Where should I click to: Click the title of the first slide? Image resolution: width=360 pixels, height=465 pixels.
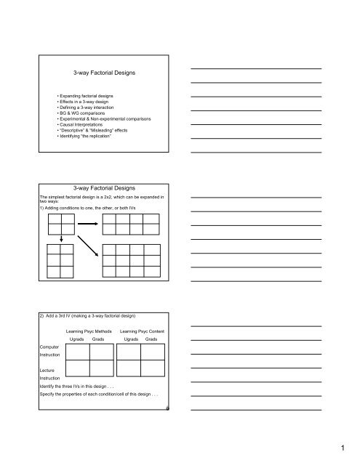(101, 73)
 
